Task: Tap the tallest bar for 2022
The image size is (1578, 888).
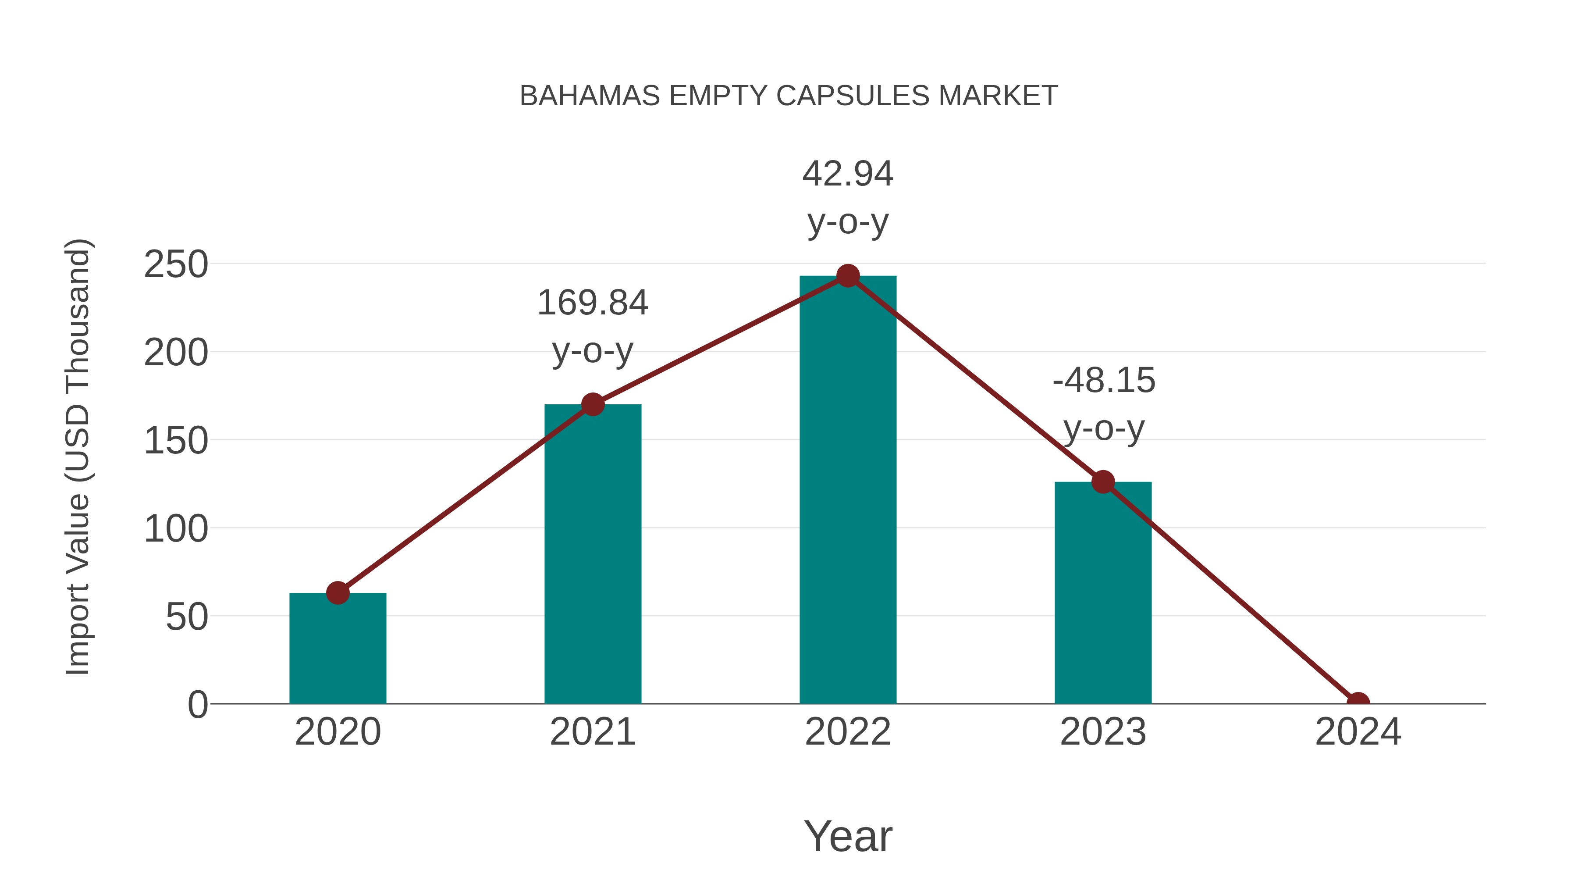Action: pos(847,490)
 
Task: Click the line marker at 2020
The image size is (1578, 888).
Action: pos(338,592)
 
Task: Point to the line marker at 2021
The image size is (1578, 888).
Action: pos(592,404)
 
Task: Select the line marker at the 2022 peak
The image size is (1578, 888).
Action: pos(847,276)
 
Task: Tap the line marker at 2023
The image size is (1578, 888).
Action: pos(1103,481)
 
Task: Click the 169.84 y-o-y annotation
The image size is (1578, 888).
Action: pos(592,327)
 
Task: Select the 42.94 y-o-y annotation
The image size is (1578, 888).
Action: pos(847,197)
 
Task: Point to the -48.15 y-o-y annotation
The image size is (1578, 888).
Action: pos(1103,404)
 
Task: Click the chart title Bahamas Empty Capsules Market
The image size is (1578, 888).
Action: pos(789,96)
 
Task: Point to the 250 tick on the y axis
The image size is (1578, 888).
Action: pos(176,265)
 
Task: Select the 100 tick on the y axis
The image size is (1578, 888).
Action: pos(176,529)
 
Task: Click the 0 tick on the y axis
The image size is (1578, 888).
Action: pos(197,705)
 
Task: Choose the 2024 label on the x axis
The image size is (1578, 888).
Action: pos(1358,732)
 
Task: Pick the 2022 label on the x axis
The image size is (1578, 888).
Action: pos(847,732)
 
